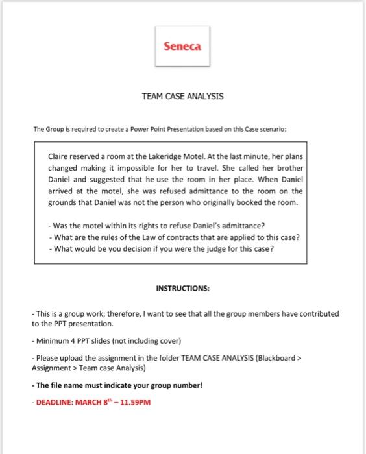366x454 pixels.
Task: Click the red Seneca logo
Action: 182,46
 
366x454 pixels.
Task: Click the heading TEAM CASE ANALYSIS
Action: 182,96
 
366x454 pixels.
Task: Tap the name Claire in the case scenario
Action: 60,156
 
